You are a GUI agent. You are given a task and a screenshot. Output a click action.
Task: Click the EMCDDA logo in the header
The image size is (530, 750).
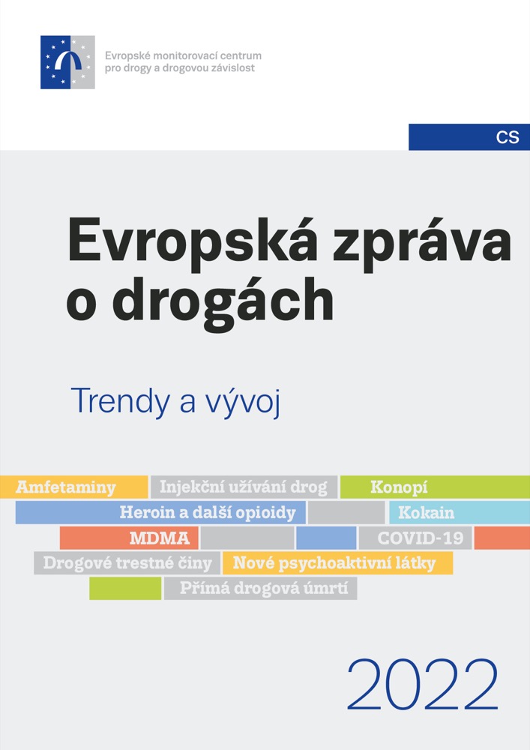click(67, 62)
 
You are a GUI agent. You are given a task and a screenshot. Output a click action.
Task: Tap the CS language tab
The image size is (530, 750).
click(469, 137)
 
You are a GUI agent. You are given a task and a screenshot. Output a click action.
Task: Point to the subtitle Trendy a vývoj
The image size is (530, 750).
click(175, 401)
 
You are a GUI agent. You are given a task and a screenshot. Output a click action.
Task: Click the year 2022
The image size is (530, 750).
click(423, 685)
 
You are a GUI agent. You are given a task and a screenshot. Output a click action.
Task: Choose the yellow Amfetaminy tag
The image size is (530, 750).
click(74, 487)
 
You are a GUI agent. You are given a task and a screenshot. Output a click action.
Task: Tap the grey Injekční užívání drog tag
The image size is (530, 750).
click(244, 487)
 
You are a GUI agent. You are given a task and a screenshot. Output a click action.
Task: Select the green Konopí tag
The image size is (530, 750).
click(435, 487)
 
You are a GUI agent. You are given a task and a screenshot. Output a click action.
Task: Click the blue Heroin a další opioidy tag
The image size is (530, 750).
click(160, 513)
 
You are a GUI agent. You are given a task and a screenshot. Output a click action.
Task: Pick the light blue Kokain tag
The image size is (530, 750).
click(460, 513)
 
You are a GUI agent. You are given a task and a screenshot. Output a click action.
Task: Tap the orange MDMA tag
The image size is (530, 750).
click(129, 538)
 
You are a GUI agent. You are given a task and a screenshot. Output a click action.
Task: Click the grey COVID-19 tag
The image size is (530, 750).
click(415, 538)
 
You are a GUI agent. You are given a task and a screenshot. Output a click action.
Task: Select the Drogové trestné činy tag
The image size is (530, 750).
click(127, 563)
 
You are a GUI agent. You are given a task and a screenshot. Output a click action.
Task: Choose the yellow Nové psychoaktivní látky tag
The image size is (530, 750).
click(337, 563)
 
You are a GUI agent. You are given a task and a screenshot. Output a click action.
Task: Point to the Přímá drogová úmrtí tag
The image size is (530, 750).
click(260, 588)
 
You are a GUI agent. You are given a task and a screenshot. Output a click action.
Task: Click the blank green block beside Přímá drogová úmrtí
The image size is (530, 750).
click(125, 588)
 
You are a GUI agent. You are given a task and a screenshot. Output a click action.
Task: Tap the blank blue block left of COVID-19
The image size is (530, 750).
click(326, 538)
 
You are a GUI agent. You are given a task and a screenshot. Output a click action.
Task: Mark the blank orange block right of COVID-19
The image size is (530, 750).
click(502, 538)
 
